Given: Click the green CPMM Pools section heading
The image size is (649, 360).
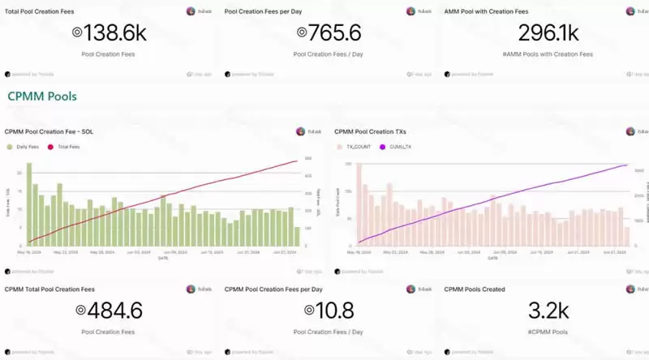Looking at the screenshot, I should click(41, 96).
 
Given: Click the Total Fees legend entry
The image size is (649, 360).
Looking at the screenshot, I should click(67, 147).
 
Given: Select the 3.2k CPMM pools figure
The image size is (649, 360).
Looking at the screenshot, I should click(547, 310).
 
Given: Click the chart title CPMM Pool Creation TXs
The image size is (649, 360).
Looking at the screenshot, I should click(371, 131).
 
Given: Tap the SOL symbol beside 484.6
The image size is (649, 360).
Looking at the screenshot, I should click(80, 311).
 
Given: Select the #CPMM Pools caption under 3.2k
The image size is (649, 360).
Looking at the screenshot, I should click(547, 332).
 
